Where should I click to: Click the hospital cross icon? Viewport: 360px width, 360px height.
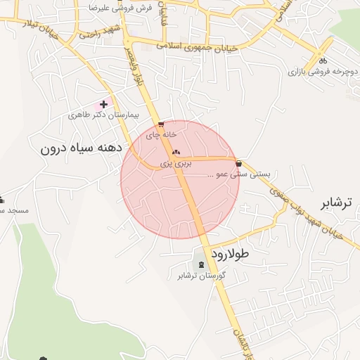[x=104, y=104]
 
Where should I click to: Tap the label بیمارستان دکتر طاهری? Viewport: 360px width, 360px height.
[x=103, y=115]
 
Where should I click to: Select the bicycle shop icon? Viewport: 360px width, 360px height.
[x=323, y=60]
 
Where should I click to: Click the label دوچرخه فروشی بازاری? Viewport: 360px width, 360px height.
[x=321, y=72]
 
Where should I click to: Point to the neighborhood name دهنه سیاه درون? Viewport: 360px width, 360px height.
[x=82, y=148]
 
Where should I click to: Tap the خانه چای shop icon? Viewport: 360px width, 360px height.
[x=161, y=125]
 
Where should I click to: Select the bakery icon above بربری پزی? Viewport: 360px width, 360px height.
[x=175, y=152]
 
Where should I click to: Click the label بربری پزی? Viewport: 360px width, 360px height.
[x=175, y=162]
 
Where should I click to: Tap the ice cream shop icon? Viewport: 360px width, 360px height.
[x=240, y=162]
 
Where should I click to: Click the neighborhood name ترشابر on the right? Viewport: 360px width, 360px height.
[x=335, y=204]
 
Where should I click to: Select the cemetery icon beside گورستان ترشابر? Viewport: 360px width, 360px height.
[x=202, y=264]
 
